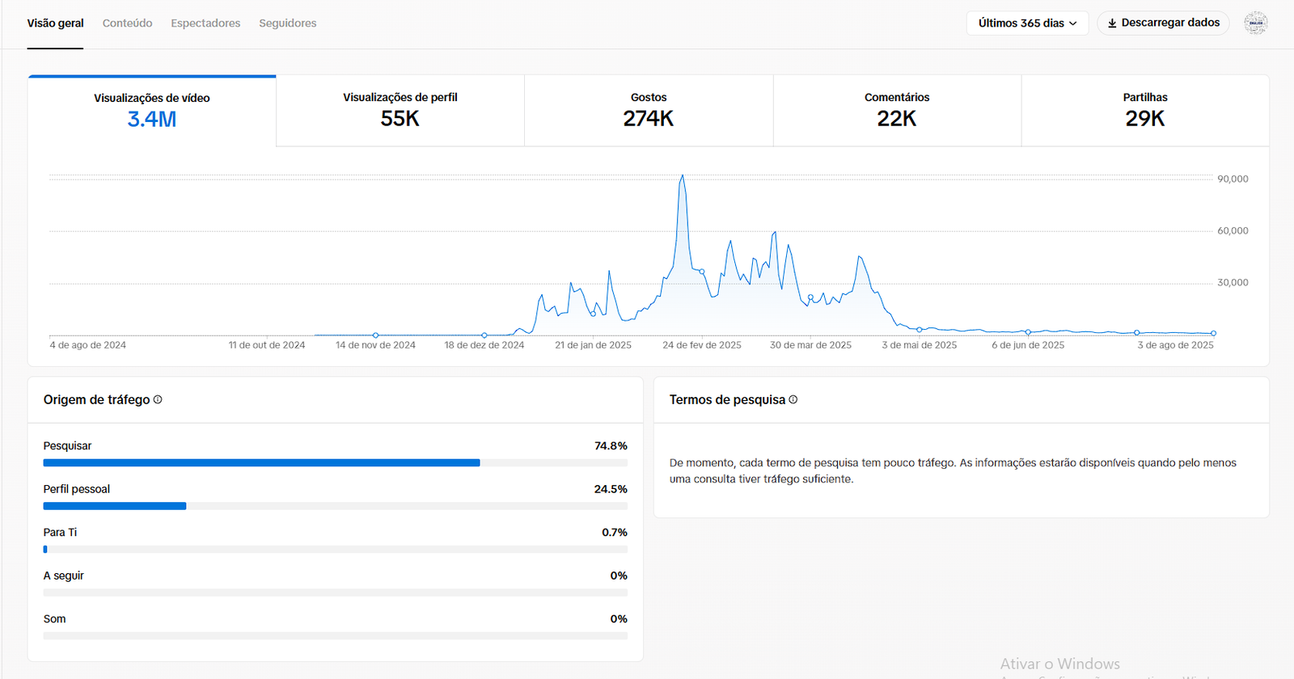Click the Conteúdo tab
pos(127,23)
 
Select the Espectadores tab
pos(205,23)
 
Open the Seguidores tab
pos(287,23)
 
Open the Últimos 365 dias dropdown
pos(1027,23)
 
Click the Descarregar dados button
pos(1163,23)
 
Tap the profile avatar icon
pos(1255,23)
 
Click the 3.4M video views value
pos(152,120)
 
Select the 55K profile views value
pos(400,119)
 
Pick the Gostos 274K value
pos(649,119)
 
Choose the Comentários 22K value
pos(897,119)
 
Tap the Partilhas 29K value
pos(1145,119)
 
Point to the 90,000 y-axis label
pos(1233,179)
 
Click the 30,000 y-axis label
pos(1233,283)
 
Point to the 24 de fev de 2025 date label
pos(702,345)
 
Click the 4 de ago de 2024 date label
pos(88,345)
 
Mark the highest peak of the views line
pos(683,175)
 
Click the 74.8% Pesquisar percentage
pos(611,446)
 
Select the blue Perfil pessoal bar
pos(115,506)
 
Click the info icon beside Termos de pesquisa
pos(793,399)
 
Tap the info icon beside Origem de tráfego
pos(158,399)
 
